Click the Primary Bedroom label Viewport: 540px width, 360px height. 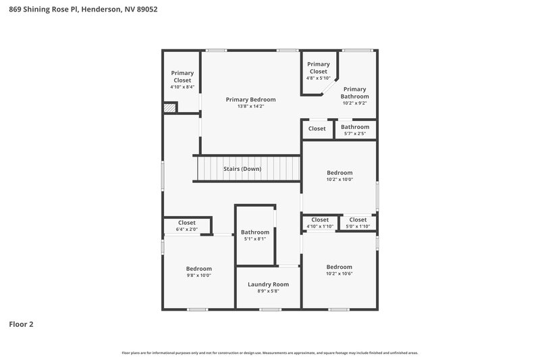(x=250, y=99)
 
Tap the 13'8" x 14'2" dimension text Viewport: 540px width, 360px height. (x=250, y=106)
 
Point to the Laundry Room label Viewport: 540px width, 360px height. (x=268, y=284)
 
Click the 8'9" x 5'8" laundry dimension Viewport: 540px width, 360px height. (x=268, y=291)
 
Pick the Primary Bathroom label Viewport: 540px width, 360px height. (x=354, y=93)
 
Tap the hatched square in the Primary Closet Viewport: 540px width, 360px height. (x=170, y=107)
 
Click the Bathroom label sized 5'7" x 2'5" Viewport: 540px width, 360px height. (x=354, y=127)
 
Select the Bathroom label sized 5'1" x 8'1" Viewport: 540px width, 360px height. (x=255, y=232)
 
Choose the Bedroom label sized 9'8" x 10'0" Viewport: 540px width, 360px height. (x=199, y=268)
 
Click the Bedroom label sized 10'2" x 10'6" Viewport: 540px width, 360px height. (x=339, y=267)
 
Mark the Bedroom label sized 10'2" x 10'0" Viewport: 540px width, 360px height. (x=340, y=172)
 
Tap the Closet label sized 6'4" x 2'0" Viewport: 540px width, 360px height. (x=187, y=223)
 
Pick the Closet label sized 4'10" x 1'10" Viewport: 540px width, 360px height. (x=320, y=220)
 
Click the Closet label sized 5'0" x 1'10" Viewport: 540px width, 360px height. (x=358, y=220)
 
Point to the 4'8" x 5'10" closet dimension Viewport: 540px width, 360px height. (x=318, y=78)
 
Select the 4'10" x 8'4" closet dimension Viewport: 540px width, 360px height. (x=182, y=87)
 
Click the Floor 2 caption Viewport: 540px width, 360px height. (x=21, y=324)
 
